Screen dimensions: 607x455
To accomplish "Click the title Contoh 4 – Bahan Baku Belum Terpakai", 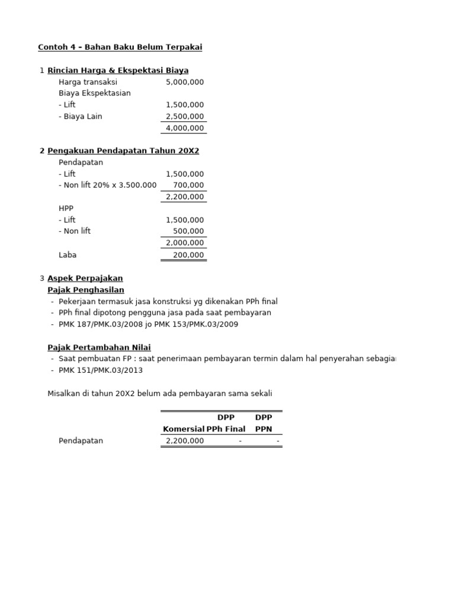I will pyautogui.click(x=120, y=47).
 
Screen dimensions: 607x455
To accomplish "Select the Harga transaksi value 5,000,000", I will pyautogui.click(x=185, y=82).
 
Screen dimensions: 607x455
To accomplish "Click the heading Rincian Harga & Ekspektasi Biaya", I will pyautogui.click(x=118, y=71).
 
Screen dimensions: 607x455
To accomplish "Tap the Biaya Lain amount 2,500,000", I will pyautogui.click(x=185, y=116).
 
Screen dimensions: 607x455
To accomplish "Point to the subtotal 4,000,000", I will pyautogui.click(x=185, y=128).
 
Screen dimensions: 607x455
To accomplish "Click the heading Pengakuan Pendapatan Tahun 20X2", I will pyautogui.click(x=123, y=151).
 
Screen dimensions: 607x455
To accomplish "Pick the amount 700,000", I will pyautogui.click(x=189, y=185).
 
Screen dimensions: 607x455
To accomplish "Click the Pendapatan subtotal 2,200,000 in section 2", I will pyautogui.click(x=185, y=197).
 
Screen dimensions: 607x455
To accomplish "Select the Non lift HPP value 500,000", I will pyautogui.click(x=189, y=231).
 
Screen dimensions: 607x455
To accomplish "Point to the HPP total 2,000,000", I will pyautogui.click(x=185, y=243).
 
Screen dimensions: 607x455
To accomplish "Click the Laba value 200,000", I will pyautogui.click(x=189, y=255).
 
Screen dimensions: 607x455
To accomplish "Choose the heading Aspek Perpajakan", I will pyautogui.click(x=85, y=278).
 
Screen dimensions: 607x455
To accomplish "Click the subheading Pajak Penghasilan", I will pyautogui.click(x=86, y=289).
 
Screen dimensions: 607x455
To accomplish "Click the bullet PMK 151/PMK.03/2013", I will pyautogui.click(x=101, y=370).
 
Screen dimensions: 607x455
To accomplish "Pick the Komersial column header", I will pyautogui.click(x=184, y=429).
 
